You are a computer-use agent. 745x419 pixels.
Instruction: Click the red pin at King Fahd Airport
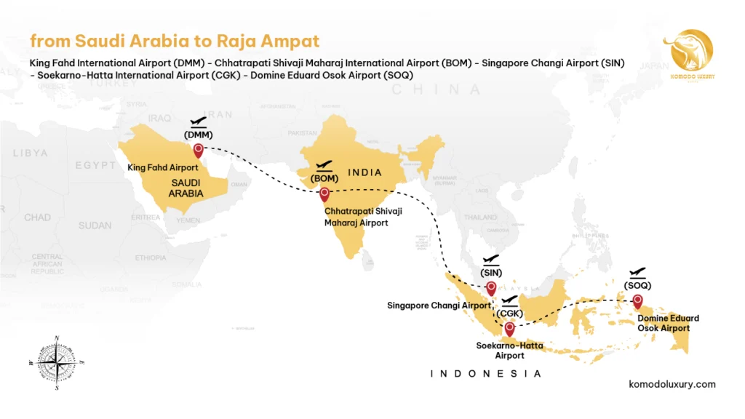198,151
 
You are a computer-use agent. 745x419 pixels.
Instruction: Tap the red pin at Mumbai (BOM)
324,193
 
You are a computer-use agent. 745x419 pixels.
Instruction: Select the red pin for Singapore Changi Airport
491,287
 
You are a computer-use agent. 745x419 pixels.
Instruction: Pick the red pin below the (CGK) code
509,328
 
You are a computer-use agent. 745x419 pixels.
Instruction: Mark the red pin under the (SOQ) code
638,300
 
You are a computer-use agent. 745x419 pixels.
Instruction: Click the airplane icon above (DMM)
198,122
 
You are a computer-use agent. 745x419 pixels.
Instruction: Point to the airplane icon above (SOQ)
638,272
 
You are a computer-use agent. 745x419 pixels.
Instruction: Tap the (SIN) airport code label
491,273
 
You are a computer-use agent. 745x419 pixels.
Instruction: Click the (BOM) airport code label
324,178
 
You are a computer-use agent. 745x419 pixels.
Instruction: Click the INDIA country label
364,172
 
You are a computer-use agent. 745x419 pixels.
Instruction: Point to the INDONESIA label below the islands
486,373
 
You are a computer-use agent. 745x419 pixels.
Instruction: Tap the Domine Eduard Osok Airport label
668,323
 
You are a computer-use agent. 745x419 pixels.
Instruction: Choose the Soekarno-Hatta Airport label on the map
509,350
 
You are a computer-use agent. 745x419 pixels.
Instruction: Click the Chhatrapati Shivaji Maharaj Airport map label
363,217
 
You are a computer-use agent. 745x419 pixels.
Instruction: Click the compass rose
57,361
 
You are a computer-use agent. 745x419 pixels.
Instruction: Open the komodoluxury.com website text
672,384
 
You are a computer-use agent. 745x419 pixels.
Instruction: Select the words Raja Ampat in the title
278,41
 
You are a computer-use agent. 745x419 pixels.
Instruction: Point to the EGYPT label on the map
95,165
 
